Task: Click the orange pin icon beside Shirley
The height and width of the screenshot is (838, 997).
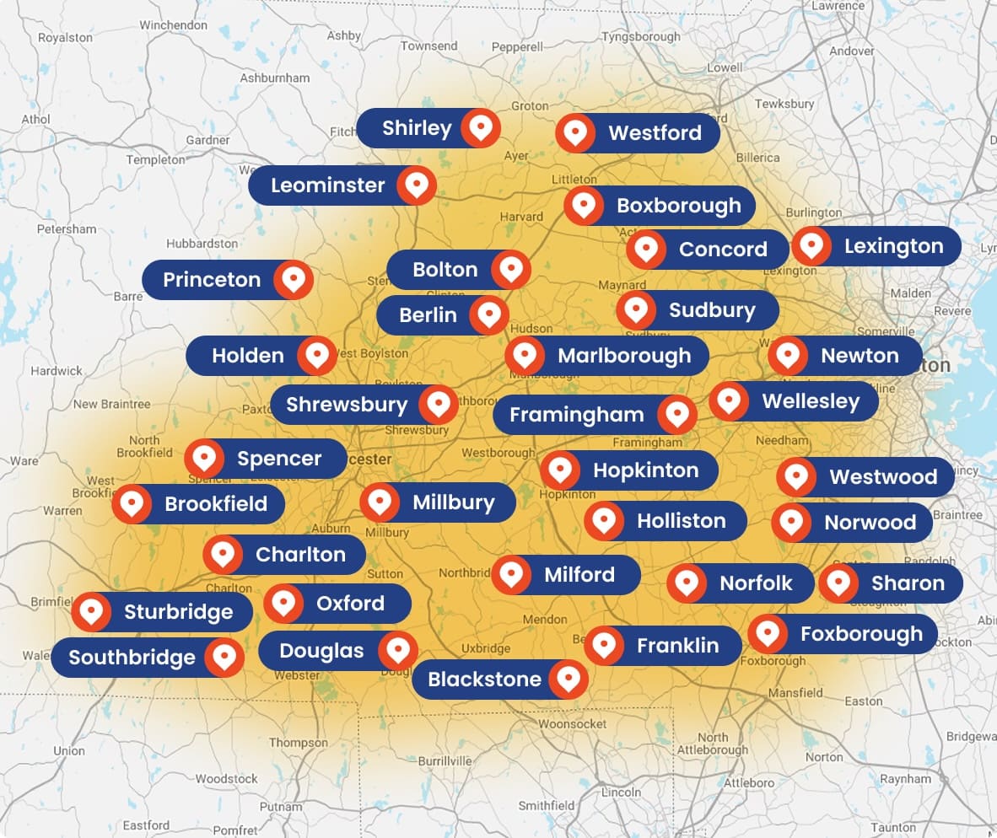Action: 481,128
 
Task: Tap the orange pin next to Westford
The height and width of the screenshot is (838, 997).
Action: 575,133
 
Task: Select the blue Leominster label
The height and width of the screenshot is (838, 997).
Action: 328,185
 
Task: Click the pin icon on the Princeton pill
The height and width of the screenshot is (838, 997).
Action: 294,280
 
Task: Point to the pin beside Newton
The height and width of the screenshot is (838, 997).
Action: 788,356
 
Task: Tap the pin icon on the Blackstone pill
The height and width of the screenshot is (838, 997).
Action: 569,679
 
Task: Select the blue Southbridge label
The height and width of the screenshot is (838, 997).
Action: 132,658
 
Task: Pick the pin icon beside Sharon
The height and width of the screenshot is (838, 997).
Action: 838,583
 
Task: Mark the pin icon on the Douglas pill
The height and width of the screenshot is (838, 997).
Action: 397,651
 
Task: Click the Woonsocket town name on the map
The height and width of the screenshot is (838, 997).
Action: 572,724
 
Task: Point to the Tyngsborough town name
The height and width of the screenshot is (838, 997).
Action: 640,37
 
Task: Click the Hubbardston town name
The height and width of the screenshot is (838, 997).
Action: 202,244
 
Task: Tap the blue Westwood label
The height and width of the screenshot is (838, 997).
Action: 882,477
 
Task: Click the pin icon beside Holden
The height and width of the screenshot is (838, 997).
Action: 317,356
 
